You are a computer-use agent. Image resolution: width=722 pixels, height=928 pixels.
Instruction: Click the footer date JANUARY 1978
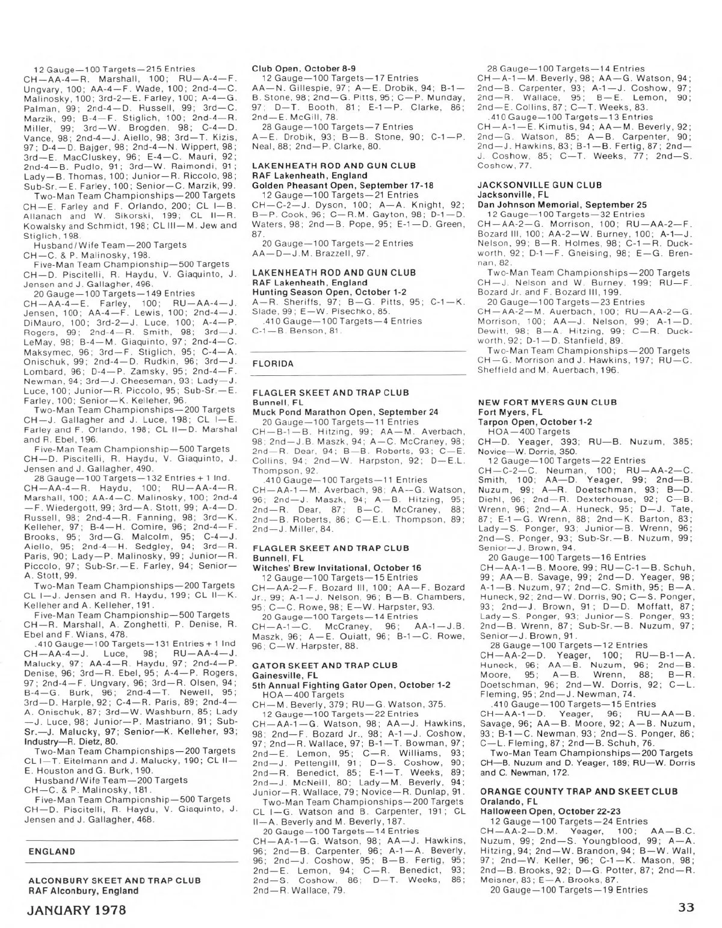click(x=77, y=909)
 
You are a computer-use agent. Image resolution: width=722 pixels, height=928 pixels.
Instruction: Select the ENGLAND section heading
click(x=52, y=851)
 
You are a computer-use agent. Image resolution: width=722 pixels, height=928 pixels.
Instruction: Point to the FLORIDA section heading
click(x=273, y=363)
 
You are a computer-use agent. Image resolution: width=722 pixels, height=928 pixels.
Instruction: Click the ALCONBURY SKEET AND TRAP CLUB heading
click(x=114, y=880)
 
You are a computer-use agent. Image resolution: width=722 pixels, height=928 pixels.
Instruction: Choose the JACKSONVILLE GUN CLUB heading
click(x=539, y=185)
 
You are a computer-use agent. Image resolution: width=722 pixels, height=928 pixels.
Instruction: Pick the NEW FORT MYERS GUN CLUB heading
click(x=546, y=402)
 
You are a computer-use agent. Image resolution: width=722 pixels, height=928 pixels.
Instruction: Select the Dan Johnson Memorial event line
click(x=562, y=204)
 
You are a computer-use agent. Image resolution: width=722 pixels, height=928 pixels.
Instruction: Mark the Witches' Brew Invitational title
click(x=336, y=568)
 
